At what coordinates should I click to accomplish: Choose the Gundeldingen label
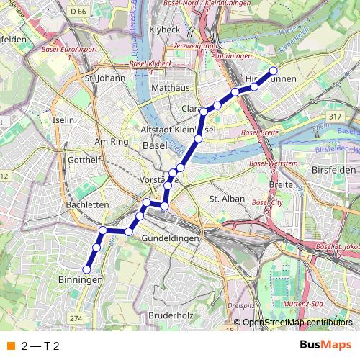click(x=170, y=238)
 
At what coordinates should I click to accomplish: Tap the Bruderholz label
click(x=171, y=315)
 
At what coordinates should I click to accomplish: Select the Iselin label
click(x=63, y=120)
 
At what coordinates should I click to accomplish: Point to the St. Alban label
click(x=227, y=199)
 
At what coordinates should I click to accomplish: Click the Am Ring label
click(x=110, y=142)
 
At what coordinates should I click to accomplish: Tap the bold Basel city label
click(x=155, y=145)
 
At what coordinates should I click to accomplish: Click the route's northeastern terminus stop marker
click(x=274, y=71)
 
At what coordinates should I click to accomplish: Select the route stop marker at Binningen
click(x=86, y=269)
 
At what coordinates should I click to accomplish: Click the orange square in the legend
click(x=10, y=346)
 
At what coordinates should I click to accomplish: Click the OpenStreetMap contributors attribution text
click(x=297, y=323)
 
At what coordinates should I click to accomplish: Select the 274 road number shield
click(x=77, y=318)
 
